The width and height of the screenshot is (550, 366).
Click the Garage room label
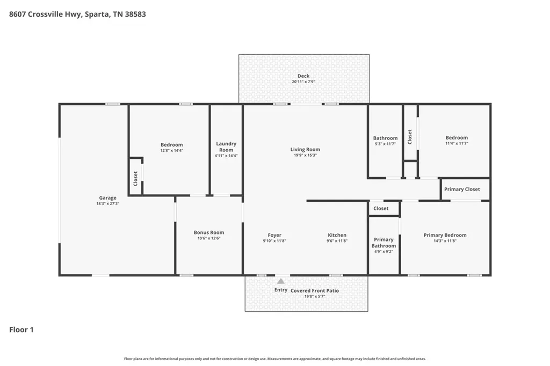pyautogui.click(x=107, y=197)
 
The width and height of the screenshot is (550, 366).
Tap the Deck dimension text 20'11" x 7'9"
pyautogui.click(x=303, y=82)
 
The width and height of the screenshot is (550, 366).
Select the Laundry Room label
pyautogui.click(x=226, y=147)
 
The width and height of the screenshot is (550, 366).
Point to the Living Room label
pyautogui.click(x=305, y=149)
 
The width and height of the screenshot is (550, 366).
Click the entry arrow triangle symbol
pyautogui.click(x=280, y=281)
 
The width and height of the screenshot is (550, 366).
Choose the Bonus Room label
pyautogui.click(x=209, y=232)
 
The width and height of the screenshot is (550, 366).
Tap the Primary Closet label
pyautogui.click(x=462, y=189)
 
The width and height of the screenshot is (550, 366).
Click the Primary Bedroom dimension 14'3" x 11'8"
pyautogui.click(x=445, y=241)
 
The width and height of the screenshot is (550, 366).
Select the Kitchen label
pyautogui.click(x=337, y=235)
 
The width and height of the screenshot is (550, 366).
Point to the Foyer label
pyautogui.click(x=274, y=235)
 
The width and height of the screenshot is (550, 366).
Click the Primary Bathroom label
pyautogui.click(x=383, y=243)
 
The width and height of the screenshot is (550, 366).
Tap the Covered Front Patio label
pyautogui.click(x=315, y=291)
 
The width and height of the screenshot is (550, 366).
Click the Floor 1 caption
pyautogui.click(x=21, y=330)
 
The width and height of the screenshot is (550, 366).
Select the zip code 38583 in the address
pyautogui.click(x=136, y=14)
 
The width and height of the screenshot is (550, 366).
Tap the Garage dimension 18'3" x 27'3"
pyautogui.click(x=107, y=203)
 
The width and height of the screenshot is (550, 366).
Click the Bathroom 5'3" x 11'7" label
pyautogui.click(x=385, y=141)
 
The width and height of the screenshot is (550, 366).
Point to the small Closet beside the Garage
pyautogui.click(x=135, y=179)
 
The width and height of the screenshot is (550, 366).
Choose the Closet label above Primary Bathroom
pyautogui.click(x=381, y=208)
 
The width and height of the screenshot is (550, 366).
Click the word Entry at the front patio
pyautogui.click(x=280, y=290)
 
